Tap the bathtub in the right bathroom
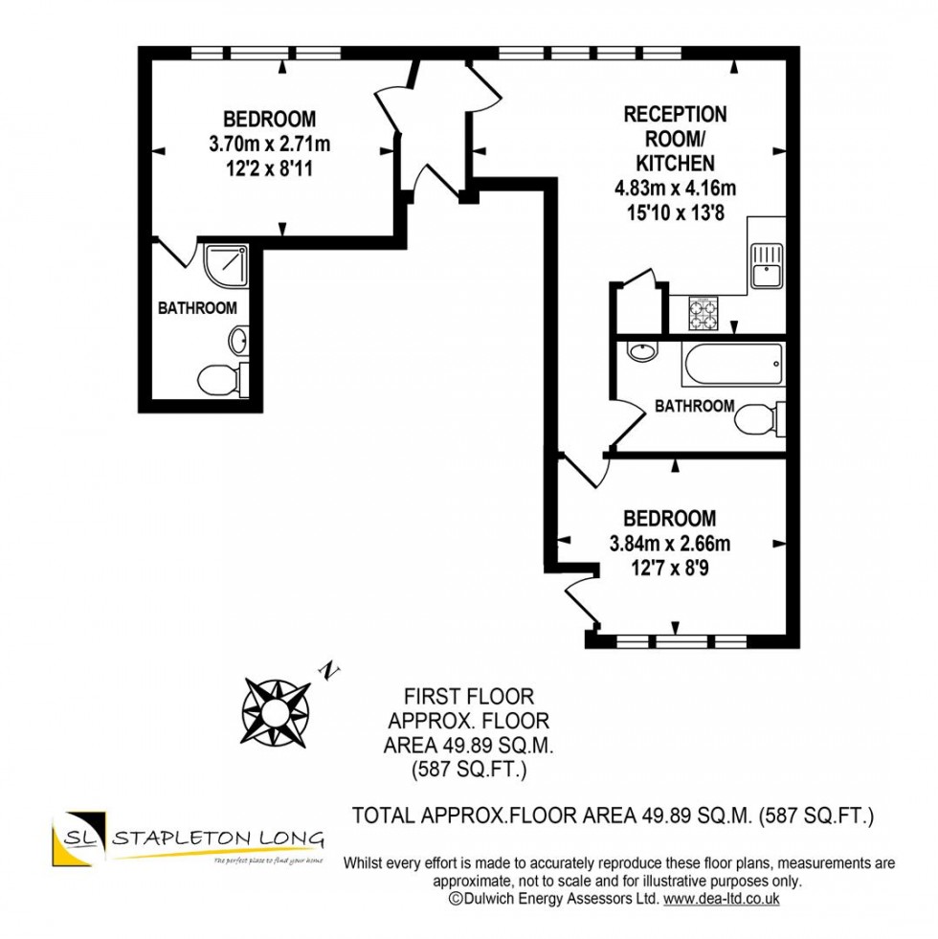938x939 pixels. click(732, 363)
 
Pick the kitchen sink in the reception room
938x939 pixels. click(768, 266)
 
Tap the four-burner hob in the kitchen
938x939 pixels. click(703, 311)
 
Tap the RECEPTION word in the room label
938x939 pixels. click(675, 115)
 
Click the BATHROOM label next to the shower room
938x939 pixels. click(197, 308)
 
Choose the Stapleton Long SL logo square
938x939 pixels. click(77, 840)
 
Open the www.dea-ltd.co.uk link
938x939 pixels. click(722, 900)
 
